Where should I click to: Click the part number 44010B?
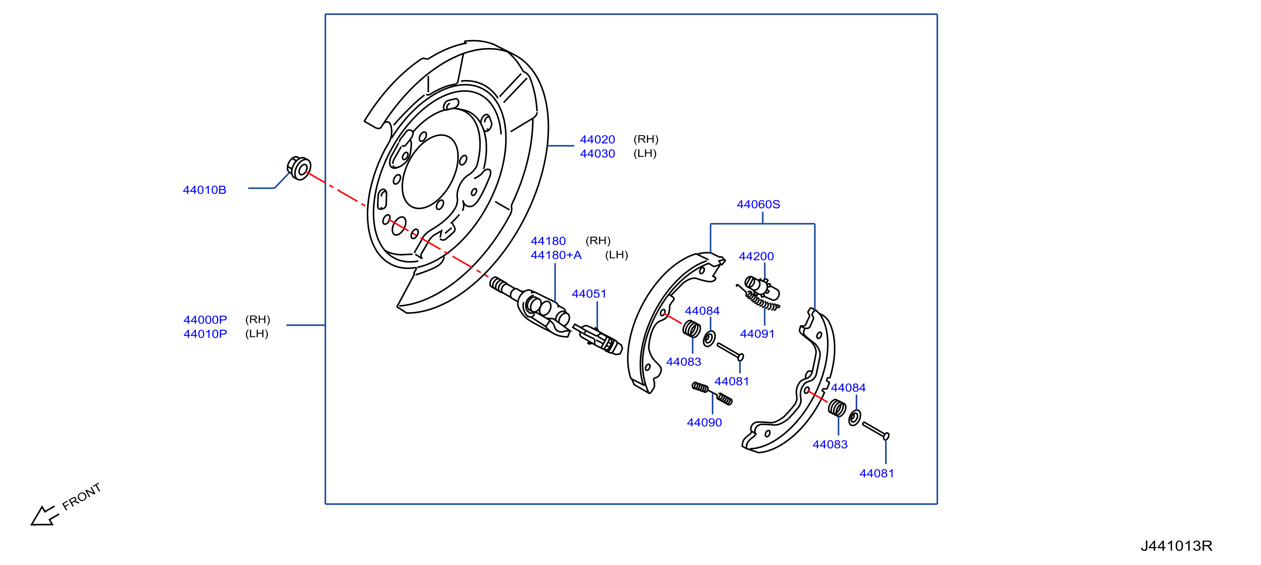[x=205, y=190]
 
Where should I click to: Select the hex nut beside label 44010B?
[x=299, y=168]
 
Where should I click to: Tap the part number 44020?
[x=597, y=139]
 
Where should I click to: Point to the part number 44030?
[x=597, y=153]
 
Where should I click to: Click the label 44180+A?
[x=556, y=255]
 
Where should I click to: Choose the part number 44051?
[x=589, y=294]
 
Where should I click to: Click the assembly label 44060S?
[x=758, y=204]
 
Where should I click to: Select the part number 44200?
[x=756, y=256]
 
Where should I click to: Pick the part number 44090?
[x=705, y=423]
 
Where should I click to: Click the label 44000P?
[x=205, y=319]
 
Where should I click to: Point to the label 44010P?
[x=205, y=334]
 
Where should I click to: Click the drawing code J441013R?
[x=1176, y=546]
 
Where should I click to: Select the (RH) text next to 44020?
[x=646, y=139]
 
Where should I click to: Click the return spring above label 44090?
[x=712, y=394]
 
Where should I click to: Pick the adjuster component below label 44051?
[x=598, y=339]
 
